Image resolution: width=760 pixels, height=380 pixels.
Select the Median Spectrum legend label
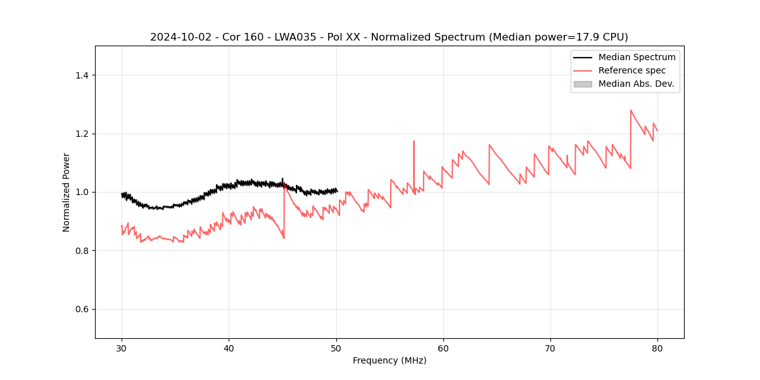636,57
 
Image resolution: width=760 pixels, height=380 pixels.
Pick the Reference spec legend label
631,70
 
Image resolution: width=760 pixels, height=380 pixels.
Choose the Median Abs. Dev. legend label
636,84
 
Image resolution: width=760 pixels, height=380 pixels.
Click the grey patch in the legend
583,84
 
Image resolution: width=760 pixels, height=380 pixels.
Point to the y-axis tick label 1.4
81,75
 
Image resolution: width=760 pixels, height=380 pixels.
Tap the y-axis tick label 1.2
81,134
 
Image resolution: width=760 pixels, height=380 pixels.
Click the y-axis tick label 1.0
81,192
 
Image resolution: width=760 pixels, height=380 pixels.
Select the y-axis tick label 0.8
81,251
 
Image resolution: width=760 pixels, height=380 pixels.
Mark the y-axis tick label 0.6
81,309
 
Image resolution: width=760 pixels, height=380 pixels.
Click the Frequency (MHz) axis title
389,360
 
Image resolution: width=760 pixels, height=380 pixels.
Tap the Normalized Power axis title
66,192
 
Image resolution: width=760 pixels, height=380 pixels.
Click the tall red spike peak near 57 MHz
414,141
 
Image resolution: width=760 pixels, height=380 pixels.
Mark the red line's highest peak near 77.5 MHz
631,110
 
